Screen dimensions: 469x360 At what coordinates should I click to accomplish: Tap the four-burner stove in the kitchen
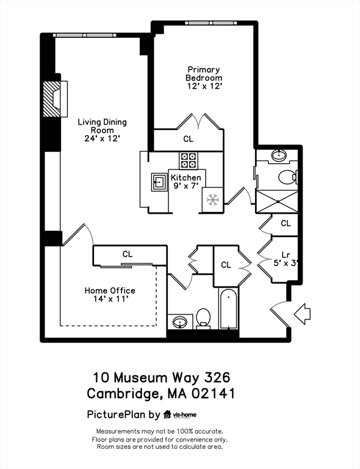coord(189,161)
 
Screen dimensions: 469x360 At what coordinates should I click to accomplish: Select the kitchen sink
coord(159,181)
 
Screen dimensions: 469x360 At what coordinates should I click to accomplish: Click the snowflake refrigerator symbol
coord(212,200)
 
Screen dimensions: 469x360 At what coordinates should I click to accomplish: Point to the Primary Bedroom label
coord(204,74)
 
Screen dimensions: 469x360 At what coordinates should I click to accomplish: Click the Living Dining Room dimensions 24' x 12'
coord(98,139)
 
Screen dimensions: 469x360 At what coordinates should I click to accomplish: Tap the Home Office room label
coord(110,291)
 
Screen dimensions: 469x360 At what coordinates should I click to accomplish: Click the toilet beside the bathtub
coord(204,318)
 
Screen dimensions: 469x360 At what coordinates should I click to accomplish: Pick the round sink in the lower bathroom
coord(180,321)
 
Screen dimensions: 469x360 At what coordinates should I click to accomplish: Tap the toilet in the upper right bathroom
coord(287,177)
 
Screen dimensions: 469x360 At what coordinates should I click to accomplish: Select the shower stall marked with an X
coord(276,201)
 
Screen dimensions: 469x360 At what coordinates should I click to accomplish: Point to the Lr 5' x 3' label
coord(285,259)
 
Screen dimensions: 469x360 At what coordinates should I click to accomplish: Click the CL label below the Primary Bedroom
coord(188,139)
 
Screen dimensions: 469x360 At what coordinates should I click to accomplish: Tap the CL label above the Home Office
coord(128,254)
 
